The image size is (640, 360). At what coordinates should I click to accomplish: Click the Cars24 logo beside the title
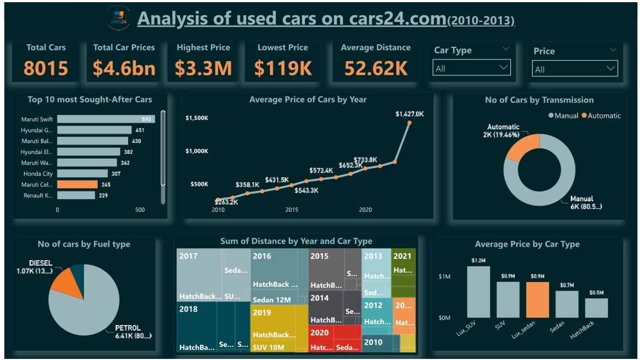click(119, 19)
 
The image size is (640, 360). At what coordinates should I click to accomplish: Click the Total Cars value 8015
click(46, 69)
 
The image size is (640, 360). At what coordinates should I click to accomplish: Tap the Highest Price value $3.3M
click(203, 69)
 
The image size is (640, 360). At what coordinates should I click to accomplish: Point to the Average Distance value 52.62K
click(376, 69)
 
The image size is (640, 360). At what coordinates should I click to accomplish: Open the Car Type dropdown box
click(472, 68)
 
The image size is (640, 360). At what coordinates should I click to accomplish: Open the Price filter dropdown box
click(575, 69)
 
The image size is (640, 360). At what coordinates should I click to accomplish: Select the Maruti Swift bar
click(106, 119)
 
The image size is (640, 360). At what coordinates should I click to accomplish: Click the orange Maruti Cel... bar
click(76, 184)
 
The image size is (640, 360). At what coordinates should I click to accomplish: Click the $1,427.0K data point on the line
click(409, 123)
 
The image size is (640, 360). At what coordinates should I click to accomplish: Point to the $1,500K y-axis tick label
click(197, 118)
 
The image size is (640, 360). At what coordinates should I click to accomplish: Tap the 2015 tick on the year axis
click(292, 209)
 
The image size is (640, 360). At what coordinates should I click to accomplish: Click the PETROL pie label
click(128, 328)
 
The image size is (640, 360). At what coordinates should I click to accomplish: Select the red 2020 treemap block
click(321, 338)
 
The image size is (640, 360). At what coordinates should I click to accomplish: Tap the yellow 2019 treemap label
click(262, 313)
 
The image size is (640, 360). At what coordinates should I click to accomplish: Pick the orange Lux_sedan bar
click(538, 299)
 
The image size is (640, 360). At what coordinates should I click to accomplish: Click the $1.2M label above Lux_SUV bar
click(478, 260)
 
